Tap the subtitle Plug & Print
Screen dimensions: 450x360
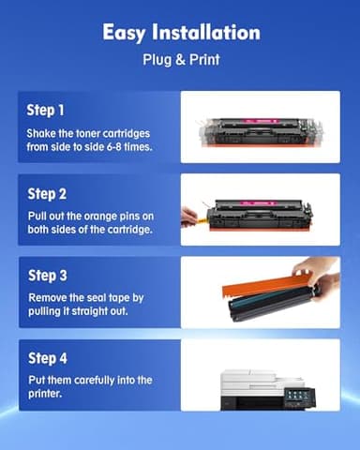tap(179, 61)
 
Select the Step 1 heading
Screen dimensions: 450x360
tap(47, 110)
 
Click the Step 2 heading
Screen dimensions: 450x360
tap(48, 194)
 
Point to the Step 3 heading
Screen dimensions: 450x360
tap(48, 276)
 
